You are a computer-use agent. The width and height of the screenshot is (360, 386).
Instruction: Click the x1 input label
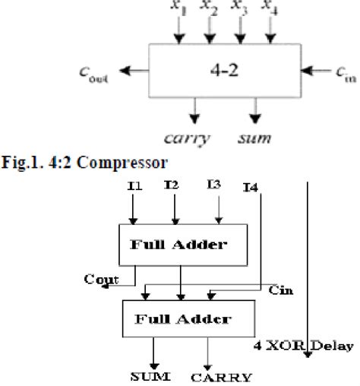pos(178,8)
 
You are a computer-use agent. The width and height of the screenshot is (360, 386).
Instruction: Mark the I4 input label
pos(251,187)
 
